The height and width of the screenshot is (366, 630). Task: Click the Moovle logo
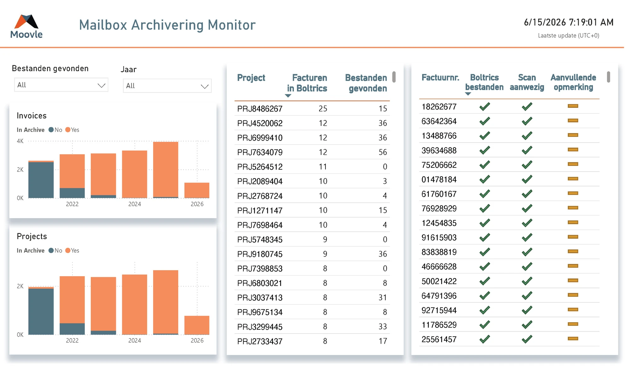tap(26, 26)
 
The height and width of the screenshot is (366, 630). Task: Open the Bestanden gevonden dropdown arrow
tap(101, 85)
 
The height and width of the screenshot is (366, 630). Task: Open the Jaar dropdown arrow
tap(204, 86)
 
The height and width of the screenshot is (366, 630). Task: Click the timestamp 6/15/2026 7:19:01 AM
tap(569, 22)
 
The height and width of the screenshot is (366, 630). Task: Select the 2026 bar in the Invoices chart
tap(197, 190)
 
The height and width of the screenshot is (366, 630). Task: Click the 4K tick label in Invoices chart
tap(20, 141)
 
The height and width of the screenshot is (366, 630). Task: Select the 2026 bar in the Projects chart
tap(197, 325)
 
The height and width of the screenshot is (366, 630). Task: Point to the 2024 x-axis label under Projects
tap(135, 340)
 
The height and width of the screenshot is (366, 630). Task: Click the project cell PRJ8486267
tap(260, 109)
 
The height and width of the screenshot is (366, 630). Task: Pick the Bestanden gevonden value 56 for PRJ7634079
tap(383, 152)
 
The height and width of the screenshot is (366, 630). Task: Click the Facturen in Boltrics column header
tap(307, 83)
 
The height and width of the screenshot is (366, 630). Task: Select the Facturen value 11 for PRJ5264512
tap(323, 167)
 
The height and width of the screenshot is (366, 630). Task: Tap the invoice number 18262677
tap(439, 107)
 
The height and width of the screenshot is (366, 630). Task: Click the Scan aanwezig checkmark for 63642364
tap(527, 121)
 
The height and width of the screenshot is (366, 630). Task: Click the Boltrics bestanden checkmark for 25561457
tap(485, 339)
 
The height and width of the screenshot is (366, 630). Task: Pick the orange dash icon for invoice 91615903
tap(573, 237)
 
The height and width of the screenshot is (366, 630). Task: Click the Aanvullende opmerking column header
tap(573, 82)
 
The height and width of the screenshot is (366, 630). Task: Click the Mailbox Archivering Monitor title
tap(167, 25)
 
